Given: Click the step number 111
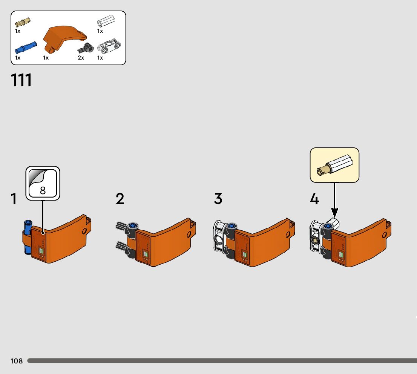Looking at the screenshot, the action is [x=21, y=80].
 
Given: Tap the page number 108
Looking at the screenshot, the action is [x=17, y=361].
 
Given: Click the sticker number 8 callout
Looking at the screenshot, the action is [x=43, y=183].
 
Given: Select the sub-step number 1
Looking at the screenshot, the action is [x=14, y=199].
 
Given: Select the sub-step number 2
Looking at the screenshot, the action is [x=120, y=199].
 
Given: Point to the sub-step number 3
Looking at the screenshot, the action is [x=218, y=199].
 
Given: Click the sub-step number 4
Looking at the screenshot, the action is [x=314, y=199].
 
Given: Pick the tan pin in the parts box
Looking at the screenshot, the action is [x=23, y=22].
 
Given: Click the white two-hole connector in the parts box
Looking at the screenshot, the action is [x=109, y=47].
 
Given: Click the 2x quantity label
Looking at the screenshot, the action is [x=81, y=58].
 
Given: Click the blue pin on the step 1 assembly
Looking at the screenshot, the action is [x=27, y=238].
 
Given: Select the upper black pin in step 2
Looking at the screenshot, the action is [x=123, y=227].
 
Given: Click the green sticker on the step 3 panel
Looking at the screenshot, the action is [x=244, y=255].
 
